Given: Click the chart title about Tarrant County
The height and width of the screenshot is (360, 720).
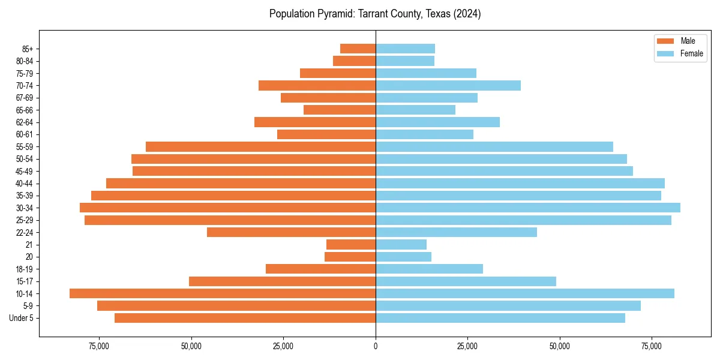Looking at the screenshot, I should (375, 14).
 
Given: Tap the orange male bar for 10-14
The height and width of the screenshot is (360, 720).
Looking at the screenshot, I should (223, 293).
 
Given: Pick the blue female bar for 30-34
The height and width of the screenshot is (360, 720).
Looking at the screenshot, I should (528, 208).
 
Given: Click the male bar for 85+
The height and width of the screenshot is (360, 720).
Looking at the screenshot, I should (358, 49).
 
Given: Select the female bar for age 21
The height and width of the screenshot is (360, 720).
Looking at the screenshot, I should (401, 244).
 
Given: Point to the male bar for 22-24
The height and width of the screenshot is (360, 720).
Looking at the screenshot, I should (291, 232).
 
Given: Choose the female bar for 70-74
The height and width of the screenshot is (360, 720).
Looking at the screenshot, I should (448, 85).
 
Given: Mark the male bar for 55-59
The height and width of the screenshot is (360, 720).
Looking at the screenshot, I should (260, 146).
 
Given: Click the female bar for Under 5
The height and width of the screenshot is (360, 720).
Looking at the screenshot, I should (500, 318).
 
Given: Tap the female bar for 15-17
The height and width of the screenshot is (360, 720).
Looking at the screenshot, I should (466, 281).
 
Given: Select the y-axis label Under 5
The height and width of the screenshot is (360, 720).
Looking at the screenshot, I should (22, 318).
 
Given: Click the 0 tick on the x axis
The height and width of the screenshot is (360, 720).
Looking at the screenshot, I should (376, 346).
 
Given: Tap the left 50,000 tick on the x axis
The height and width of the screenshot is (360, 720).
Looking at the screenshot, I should (191, 346).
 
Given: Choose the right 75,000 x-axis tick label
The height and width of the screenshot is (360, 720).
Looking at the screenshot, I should (652, 346).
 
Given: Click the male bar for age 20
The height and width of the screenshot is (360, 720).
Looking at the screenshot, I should (350, 257).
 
